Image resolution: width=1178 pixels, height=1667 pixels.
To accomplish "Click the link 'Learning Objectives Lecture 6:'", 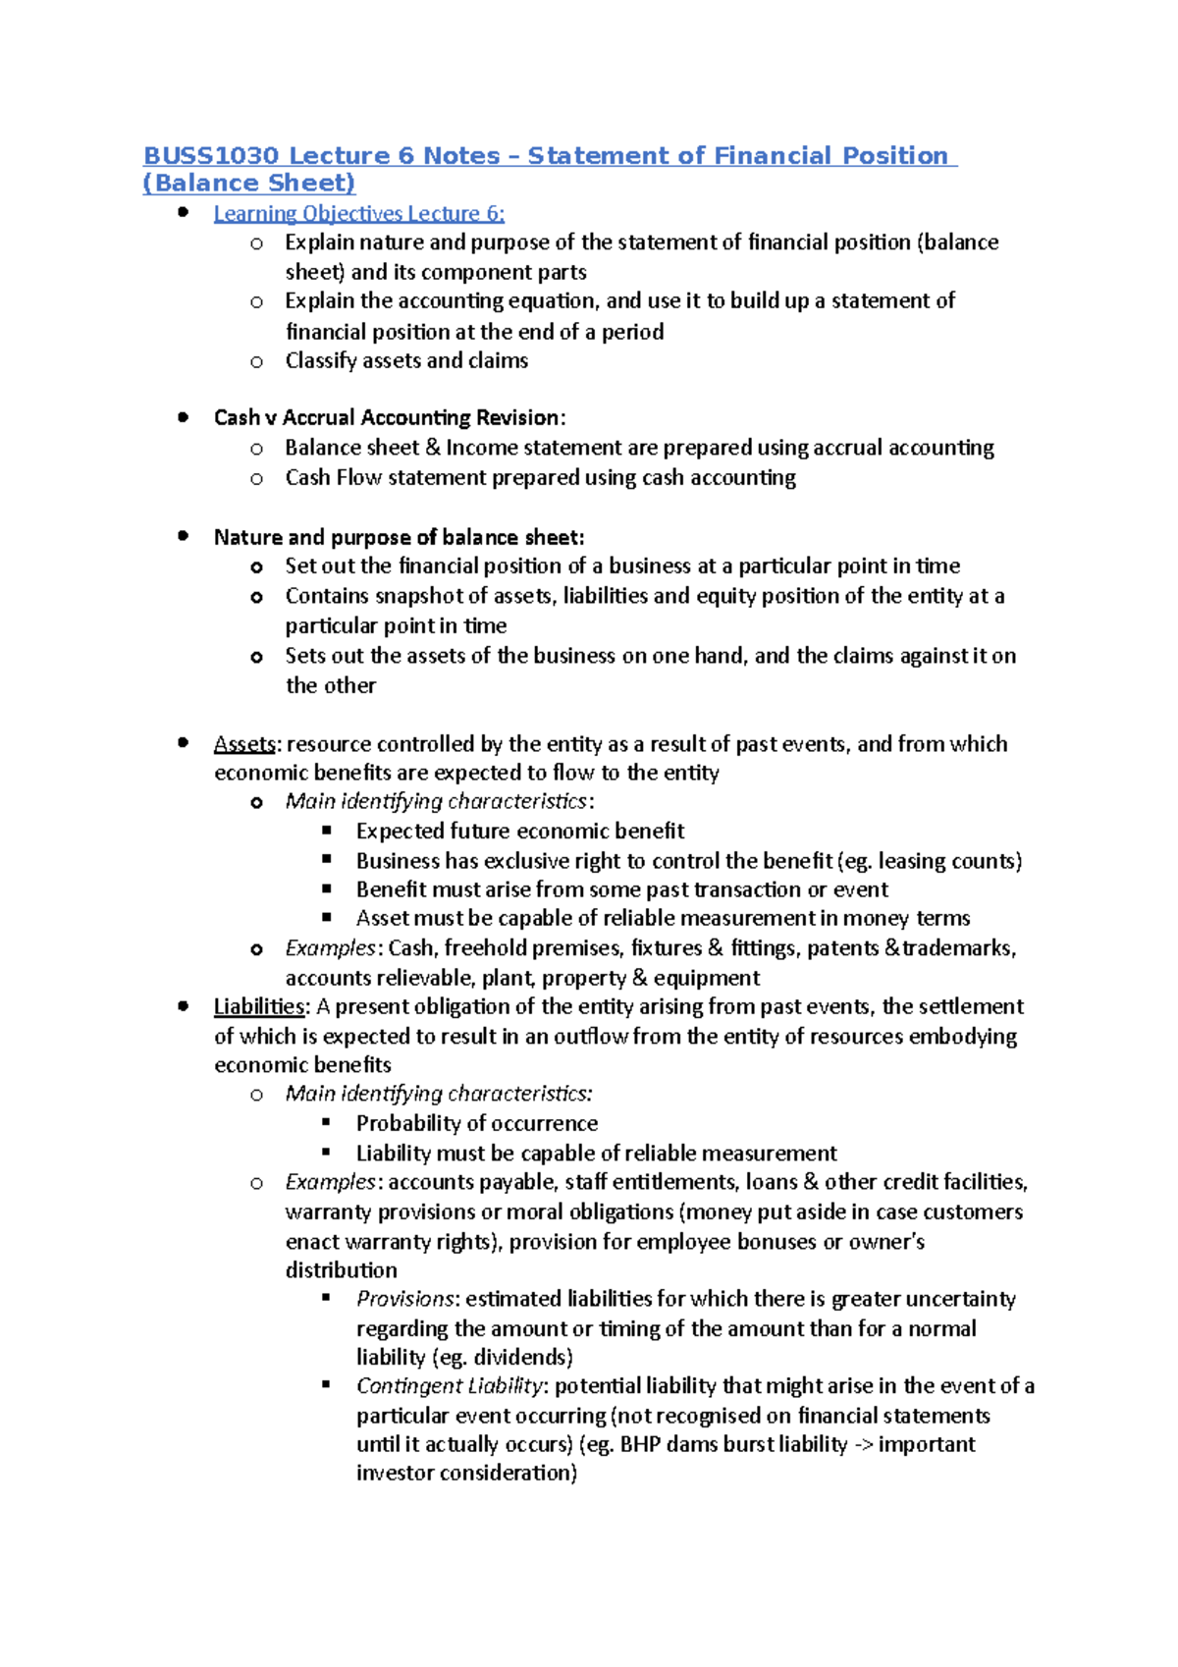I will tap(359, 213).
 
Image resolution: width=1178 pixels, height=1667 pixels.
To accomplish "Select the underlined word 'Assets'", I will tap(244, 743).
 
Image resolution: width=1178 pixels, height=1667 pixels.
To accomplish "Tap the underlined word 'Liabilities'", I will tap(259, 1006).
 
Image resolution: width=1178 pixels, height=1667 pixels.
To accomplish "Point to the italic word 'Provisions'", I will tap(405, 1299).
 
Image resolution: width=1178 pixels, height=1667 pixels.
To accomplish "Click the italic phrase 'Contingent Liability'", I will tap(449, 1385).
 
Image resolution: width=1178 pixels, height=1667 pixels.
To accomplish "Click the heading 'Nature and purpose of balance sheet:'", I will tap(399, 537).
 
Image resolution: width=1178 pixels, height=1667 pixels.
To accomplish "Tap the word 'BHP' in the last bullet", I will tap(640, 1444).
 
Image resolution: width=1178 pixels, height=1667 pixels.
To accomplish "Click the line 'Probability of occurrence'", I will tap(477, 1123).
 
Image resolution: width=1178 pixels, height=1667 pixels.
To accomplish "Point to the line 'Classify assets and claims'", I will tap(406, 360).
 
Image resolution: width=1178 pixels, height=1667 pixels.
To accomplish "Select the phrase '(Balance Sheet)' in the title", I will tap(249, 184).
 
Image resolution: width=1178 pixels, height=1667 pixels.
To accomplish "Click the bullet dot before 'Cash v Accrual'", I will tap(184, 417).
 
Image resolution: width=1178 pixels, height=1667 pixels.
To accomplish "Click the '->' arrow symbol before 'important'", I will tap(862, 1444).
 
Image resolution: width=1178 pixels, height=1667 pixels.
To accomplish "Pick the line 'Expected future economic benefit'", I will tap(520, 831).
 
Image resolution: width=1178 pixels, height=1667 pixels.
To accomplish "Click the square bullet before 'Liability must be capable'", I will tap(327, 1153).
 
